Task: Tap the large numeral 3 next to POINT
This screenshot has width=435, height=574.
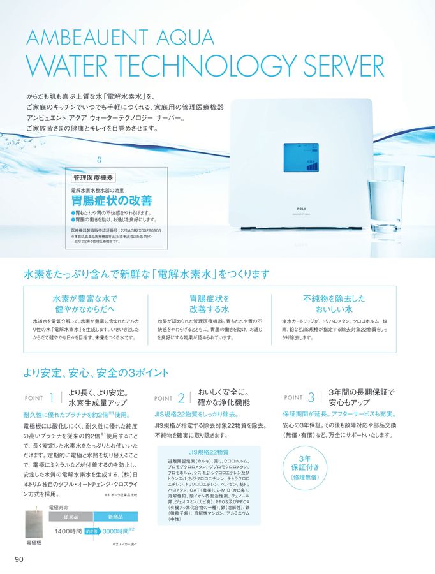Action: (311, 397)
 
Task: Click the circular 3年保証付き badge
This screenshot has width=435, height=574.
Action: (304, 467)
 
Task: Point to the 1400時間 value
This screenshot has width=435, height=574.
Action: (68, 531)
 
